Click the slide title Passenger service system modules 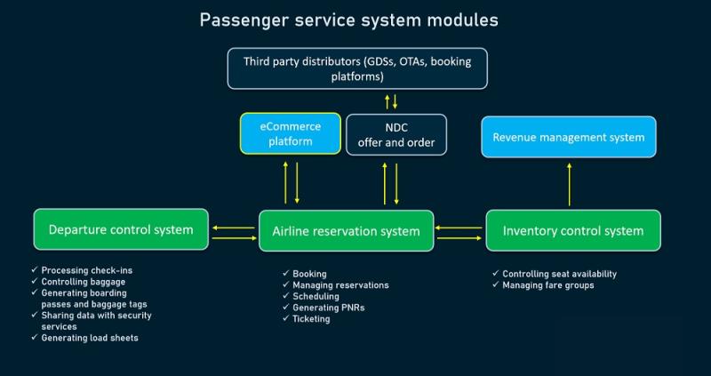click(348, 20)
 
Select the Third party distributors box click(357, 68)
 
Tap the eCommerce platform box click(291, 133)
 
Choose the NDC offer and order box click(396, 135)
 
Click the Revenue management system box click(569, 137)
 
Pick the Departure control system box click(121, 229)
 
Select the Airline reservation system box click(346, 231)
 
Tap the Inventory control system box click(573, 230)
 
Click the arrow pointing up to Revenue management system click(570, 185)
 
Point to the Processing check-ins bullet click(87, 270)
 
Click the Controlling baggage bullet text click(84, 282)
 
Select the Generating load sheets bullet click(90, 338)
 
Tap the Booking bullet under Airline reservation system click(309, 274)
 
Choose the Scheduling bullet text click(316, 296)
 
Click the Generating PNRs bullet click(329, 308)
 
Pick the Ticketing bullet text click(312, 319)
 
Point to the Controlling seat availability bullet click(560, 274)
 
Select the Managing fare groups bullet click(548, 285)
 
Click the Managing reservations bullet click(340, 285)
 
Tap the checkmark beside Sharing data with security click(35, 315)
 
